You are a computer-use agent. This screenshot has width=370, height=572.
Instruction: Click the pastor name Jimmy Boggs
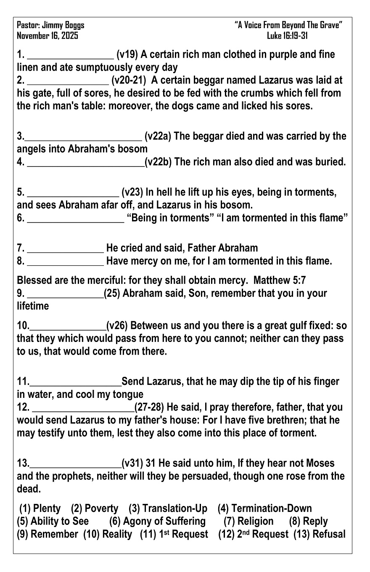click(63, 26)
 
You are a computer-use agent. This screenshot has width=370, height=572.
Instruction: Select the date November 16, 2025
click(48, 36)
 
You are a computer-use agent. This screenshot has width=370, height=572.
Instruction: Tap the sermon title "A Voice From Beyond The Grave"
click(288, 26)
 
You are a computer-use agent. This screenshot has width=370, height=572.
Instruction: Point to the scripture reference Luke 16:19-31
click(288, 36)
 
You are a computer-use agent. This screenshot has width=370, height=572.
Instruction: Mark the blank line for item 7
click(65, 249)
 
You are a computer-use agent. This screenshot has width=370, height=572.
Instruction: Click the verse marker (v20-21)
click(129, 80)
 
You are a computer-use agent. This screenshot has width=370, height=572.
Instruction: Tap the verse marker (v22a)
click(158, 136)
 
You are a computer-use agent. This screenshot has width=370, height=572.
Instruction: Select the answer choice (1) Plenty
click(40, 509)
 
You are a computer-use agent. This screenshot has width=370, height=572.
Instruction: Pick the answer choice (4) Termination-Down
click(265, 509)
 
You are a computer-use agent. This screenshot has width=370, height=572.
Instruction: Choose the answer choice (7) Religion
click(248, 522)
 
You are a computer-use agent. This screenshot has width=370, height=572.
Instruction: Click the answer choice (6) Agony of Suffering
click(158, 522)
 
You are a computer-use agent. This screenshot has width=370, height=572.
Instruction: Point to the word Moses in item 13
click(319, 463)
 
